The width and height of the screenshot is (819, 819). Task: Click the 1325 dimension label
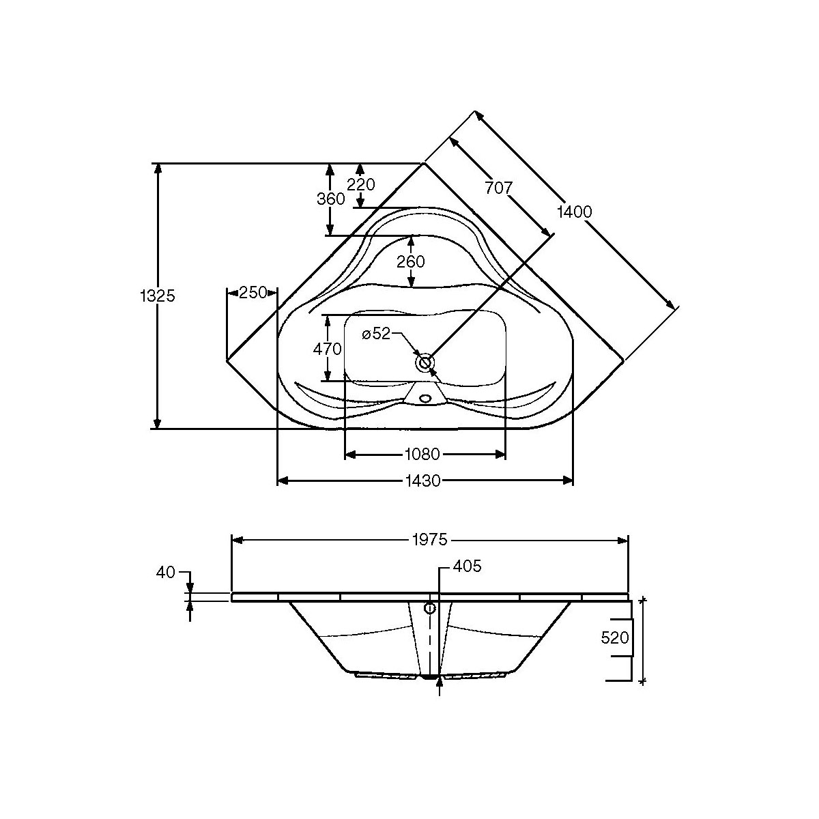coord(158,296)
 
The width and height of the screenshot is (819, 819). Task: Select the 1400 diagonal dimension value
coord(574,212)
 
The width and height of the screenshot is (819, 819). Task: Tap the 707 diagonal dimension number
coord(498,188)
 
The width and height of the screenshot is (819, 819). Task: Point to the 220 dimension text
coord(361,184)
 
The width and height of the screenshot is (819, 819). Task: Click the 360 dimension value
coord(330,199)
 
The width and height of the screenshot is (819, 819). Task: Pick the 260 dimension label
coord(411,261)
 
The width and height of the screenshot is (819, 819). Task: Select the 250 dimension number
coord(252,293)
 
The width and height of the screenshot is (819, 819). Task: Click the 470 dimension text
coord(327,348)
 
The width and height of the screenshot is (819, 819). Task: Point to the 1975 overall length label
coord(429,540)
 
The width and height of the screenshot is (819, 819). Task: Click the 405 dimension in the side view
coord(467,566)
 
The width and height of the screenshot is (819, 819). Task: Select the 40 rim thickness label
coord(166,572)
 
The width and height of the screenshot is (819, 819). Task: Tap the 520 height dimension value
coord(614,637)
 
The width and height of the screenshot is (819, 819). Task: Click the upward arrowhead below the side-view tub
coord(438,680)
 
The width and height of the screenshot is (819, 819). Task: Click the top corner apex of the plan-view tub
coord(424,164)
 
